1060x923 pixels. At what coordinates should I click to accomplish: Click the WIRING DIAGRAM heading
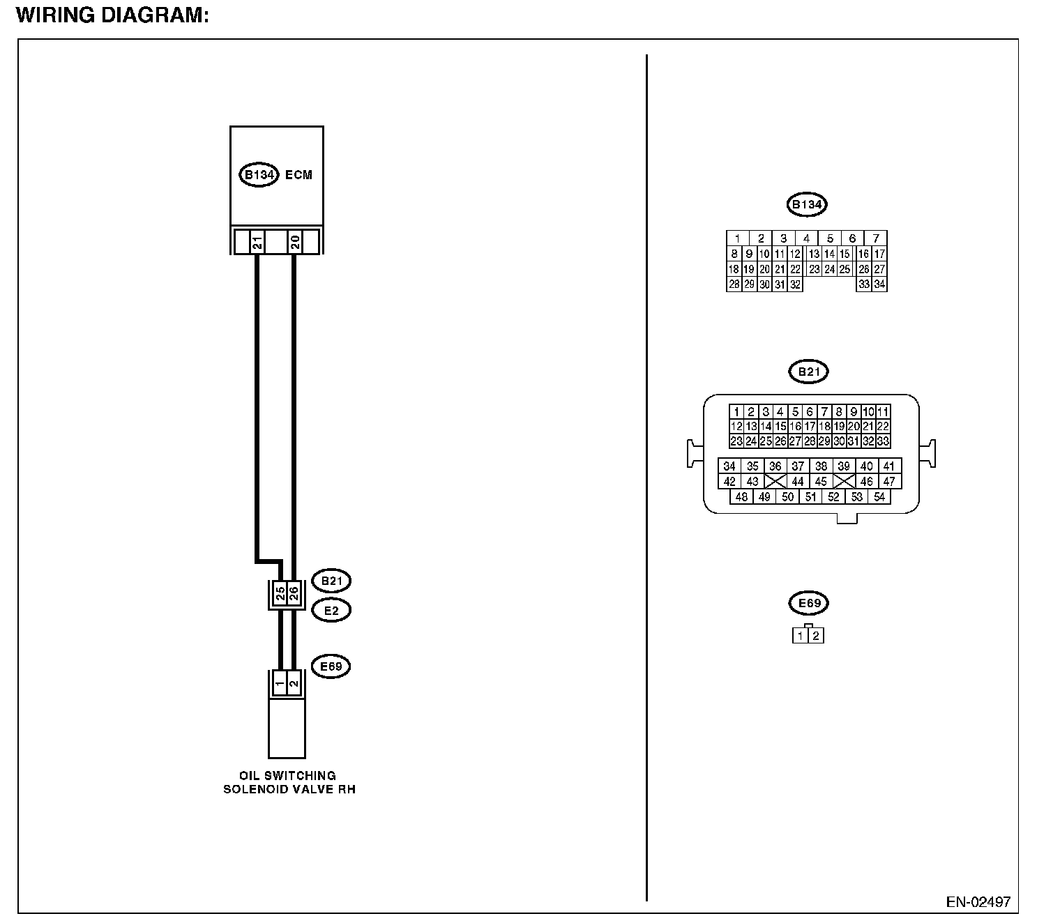(x=112, y=15)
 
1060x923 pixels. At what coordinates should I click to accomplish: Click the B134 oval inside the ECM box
(x=259, y=174)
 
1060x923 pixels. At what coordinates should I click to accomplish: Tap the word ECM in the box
(x=298, y=174)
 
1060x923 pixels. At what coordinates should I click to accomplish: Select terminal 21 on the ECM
(x=257, y=243)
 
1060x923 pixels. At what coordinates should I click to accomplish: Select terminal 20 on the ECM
(x=294, y=243)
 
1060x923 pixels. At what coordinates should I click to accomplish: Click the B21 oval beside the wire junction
(x=331, y=581)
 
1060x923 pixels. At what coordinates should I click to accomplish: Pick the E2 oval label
(x=331, y=611)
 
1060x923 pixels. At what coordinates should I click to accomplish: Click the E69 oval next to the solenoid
(x=331, y=666)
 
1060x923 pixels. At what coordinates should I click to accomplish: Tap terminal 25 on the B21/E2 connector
(x=280, y=594)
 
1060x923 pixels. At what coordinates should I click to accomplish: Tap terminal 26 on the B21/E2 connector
(x=294, y=594)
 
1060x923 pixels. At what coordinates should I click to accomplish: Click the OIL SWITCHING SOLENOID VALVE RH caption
(x=288, y=782)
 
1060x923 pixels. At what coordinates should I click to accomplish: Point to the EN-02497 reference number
(x=978, y=901)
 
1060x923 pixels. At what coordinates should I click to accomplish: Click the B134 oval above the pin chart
(x=806, y=205)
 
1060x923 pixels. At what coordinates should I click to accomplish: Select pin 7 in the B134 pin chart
(x=875, y=238)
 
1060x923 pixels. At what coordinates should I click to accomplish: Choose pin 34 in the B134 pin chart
(x=879, y=284)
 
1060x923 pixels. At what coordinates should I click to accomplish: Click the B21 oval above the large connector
(x=808, y=372)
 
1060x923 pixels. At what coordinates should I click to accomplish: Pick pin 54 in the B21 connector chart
(x=879, y=497)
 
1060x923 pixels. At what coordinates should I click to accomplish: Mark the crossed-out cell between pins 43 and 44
(x=775, y=482)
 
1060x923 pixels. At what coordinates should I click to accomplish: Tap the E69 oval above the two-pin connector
(x=808, y=603)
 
